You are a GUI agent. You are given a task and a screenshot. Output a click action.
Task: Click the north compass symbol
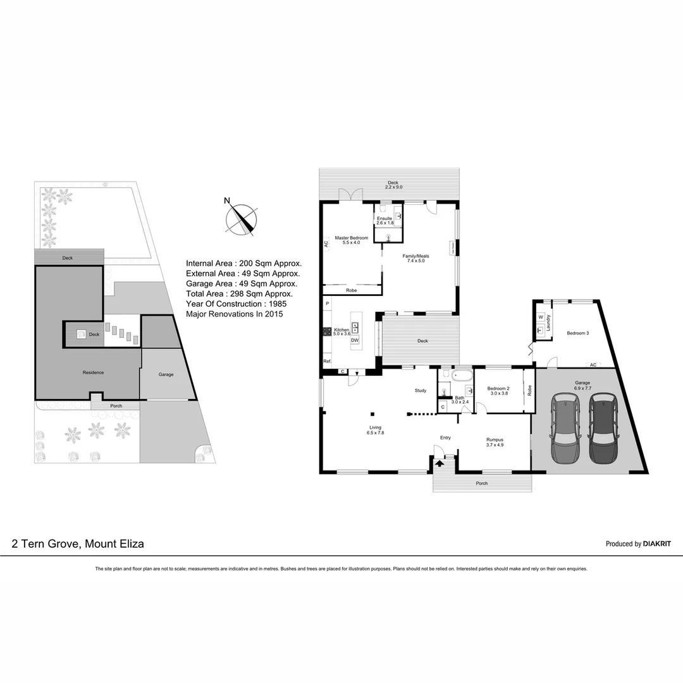[x=242, y=219]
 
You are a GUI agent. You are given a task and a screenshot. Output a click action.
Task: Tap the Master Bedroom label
[x=351, y=238]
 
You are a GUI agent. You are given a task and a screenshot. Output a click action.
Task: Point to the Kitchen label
[x=341, y=330]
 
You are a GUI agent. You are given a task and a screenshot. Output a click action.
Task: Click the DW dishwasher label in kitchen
[x=355, y=340]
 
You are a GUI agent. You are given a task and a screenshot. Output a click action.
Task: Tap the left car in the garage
[x=565, y=428]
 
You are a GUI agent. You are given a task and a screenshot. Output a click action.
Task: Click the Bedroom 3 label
[x=577, y=333]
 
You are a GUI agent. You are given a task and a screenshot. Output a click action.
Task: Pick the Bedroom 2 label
[x=498, y=388]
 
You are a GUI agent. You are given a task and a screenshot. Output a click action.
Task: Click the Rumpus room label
[x=495, y=440]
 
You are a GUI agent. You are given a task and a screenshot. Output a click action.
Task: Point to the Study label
[x=421, y=390]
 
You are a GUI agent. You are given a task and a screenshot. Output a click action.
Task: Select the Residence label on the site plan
[x=93, y=372]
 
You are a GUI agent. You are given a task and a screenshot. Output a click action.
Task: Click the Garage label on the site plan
[x=166, y=374]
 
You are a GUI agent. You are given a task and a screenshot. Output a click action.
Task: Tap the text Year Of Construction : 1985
[x=237, y=304]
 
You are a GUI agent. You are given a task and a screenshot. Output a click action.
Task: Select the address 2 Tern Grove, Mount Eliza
[x=78, y=543]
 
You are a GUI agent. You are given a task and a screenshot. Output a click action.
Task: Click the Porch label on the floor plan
[x=482, y=483]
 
